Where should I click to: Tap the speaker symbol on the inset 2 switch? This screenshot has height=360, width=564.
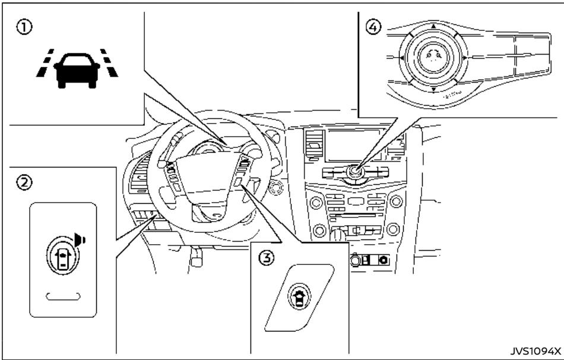click(80, 240)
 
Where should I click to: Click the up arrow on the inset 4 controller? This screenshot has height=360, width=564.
click(433, 27)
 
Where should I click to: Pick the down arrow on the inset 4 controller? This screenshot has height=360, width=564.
click(433, 89)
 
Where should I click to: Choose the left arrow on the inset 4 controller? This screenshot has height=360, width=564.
click(402, 58)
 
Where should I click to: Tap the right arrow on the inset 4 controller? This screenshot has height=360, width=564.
click(464, 58)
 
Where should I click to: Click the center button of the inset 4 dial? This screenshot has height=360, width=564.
click(433, 58)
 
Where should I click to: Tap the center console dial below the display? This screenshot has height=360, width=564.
click(355, 172)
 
